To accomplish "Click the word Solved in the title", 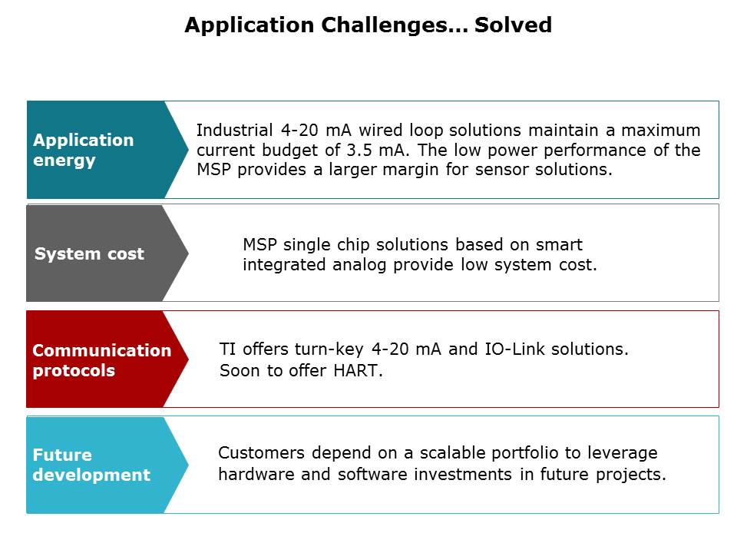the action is point(513,25).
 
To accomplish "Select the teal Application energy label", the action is point(107,150).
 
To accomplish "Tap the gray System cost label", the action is point(107,253).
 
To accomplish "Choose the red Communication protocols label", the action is point(107,359).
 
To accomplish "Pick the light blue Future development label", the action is point(107,465).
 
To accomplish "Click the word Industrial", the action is point(235,130).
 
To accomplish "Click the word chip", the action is point(353,245).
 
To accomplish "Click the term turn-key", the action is point(329,349).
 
